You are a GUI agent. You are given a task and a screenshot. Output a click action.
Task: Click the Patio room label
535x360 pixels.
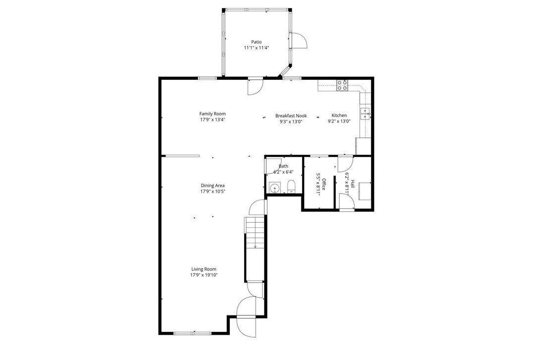point(256,42)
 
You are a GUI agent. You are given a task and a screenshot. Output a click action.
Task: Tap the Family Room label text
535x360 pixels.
point(213,113)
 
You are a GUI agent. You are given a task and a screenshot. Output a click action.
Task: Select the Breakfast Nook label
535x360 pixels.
point(291,116)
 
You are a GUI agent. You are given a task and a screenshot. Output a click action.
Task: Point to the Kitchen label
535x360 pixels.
point(339,115)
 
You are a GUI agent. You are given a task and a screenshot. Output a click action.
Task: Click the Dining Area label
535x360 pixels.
point(213,186)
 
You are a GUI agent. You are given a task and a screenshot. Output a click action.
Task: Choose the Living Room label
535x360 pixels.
point(204,269)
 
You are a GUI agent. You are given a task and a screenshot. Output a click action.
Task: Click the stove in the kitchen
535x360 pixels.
point(342,85)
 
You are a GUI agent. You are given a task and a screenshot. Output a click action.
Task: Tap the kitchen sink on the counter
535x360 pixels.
point(366,113)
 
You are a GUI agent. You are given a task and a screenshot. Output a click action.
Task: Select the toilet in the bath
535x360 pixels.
point(292,187)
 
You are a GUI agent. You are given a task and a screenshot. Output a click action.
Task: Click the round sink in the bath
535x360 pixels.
point(274,188)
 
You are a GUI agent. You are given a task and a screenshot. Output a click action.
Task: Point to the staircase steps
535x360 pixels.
point(255,249)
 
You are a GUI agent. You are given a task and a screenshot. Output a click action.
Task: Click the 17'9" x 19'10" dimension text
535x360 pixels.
point(204,275)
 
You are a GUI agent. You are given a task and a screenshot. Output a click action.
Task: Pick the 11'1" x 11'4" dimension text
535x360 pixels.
point(256,48)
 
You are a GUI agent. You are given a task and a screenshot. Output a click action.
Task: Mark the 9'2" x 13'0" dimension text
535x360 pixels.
point(339,121)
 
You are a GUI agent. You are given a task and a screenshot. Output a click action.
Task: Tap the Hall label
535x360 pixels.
point(353,184)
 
